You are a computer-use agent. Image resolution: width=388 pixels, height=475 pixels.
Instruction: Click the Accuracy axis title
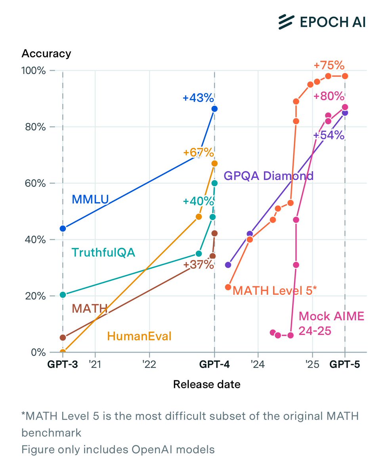[x=46, y=53]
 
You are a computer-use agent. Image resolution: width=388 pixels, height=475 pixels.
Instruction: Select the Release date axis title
[x=206, y=384]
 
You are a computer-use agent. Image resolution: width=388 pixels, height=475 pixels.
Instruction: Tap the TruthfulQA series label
[x=103, y=253]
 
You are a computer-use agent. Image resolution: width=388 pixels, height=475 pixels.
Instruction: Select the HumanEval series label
[x=140, y=337]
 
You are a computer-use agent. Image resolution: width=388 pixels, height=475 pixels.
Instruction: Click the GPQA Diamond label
[x=269, y=176]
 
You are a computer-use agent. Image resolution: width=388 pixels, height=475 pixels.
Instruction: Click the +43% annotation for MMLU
[x=198, y=98]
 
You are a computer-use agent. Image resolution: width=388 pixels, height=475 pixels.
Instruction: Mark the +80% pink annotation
[x=329, y=96]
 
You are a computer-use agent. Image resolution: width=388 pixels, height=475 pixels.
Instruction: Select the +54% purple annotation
[x=329, y=135]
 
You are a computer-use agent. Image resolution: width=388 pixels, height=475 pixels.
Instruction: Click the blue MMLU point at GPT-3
[x=63, y=228]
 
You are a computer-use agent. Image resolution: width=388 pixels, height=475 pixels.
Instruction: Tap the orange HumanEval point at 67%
[x=214, y=163]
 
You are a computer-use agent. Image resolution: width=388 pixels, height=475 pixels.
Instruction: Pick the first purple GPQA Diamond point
[x=228, y=265]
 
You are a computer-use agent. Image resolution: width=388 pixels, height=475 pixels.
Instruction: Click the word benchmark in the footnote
[x=51, y=433]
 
